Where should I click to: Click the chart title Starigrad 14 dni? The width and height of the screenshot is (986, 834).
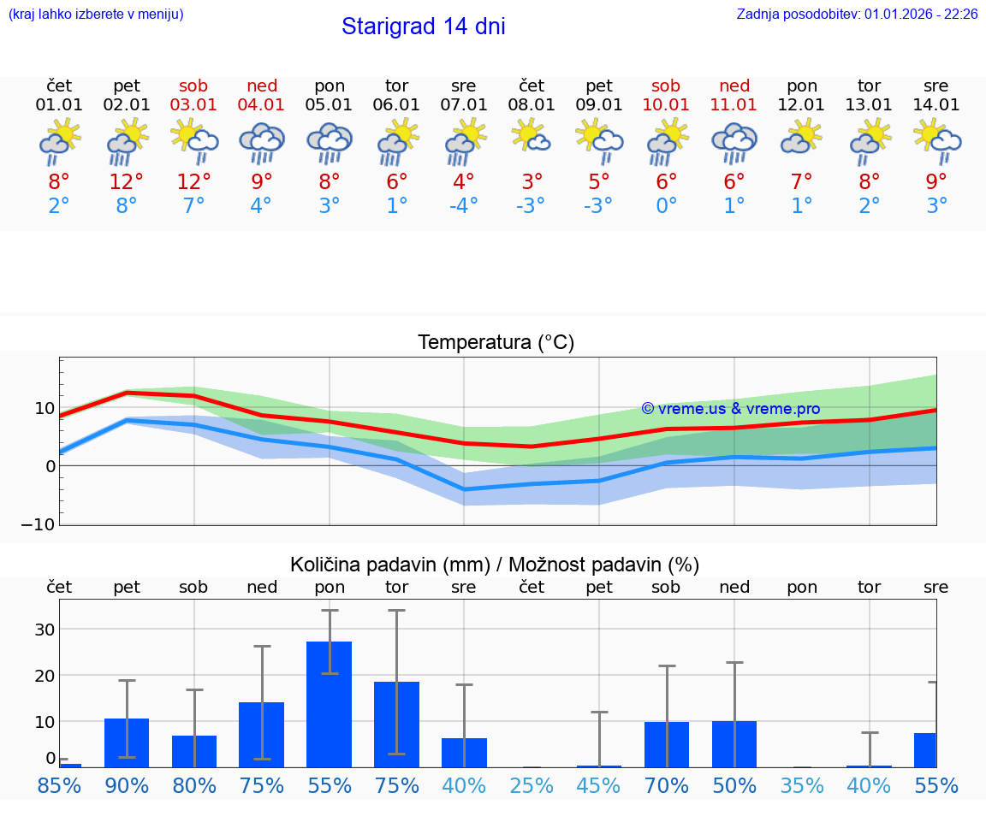pos(423,27)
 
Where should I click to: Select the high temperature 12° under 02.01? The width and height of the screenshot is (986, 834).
pos(126,182)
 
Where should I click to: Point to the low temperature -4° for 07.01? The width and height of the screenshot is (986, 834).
pos(463,206)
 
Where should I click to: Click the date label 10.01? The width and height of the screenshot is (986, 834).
pos(666,105)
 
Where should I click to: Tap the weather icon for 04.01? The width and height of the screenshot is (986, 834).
pos(261,142)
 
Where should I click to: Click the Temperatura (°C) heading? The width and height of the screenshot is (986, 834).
pos(496,343)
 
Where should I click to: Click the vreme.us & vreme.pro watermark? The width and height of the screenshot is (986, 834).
pos(730,409)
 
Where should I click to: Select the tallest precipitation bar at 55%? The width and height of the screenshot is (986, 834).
pos(330,704)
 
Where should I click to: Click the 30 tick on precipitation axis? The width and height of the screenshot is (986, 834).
pos(44,630)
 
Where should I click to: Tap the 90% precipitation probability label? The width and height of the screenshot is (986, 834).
pos(127,786)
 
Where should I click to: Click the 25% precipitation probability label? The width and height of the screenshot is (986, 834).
pos(532,786)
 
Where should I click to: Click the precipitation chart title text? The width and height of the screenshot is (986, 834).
pos(495,565)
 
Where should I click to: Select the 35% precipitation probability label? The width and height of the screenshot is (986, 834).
pos(802,786)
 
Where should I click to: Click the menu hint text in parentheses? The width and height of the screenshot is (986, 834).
pos(96,15)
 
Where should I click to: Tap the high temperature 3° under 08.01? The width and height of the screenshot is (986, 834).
pos(532,182)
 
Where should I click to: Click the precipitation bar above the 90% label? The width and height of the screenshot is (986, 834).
pos(127,742)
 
